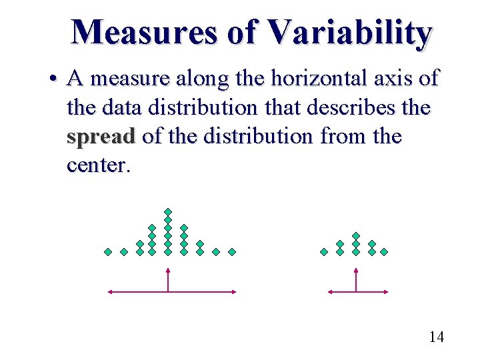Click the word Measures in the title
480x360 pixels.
tap(144, 32)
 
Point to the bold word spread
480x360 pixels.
tap(101, 137)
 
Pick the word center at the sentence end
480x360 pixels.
tap(97, 165)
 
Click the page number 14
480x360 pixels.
tap(436, 337)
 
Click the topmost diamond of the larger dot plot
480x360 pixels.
tap(168, 212)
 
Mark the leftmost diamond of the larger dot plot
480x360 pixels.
tap(108, 252)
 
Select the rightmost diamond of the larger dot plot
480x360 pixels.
tap(232, 252)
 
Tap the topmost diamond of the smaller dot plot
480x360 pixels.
tap(356, 236)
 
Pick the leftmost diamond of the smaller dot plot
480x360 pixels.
tap(324, 252)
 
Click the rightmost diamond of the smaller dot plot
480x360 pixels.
tap(384, 252)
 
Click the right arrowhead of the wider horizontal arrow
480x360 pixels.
tap(233, 291)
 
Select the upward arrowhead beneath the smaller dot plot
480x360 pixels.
tap(356, 271)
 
